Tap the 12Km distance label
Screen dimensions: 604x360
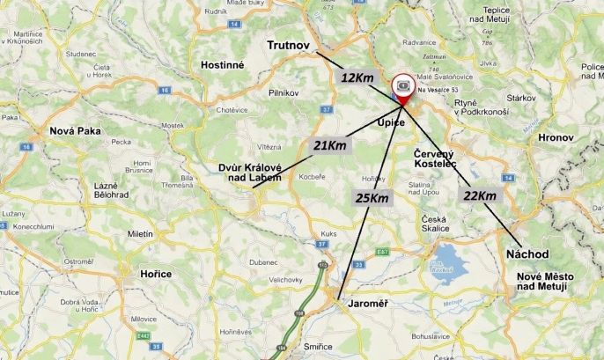click(357, 78)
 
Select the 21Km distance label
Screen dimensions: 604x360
click(329, 145)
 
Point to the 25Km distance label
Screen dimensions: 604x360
click(371, 197)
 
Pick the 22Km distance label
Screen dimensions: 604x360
click(478, 195)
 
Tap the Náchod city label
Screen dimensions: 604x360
click(527, 253)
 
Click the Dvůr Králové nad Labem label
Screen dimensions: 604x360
click(250, 172)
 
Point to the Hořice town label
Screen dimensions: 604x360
click(156, 275)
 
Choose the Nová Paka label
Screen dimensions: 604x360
click(75, 131)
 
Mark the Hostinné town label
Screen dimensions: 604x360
click(222, 65)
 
